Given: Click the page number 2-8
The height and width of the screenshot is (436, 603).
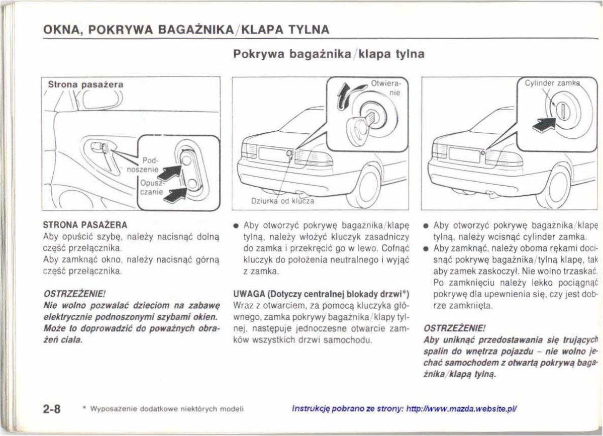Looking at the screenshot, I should coord(51,408).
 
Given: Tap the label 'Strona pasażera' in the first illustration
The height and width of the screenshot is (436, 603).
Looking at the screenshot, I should coord(85,85).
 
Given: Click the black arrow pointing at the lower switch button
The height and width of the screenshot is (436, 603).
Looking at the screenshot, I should coord(176,194).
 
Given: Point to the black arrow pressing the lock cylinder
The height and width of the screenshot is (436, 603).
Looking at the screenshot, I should coord(544,124).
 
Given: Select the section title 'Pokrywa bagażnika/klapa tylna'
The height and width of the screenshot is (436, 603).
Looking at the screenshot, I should coord(329,54).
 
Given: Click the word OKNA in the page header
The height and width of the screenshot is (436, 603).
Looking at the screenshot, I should coord(61,30).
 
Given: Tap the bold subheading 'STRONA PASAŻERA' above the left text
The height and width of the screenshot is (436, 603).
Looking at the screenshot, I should coord(84,224).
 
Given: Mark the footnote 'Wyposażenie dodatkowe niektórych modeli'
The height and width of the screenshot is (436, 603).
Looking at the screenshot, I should coord(164,409).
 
